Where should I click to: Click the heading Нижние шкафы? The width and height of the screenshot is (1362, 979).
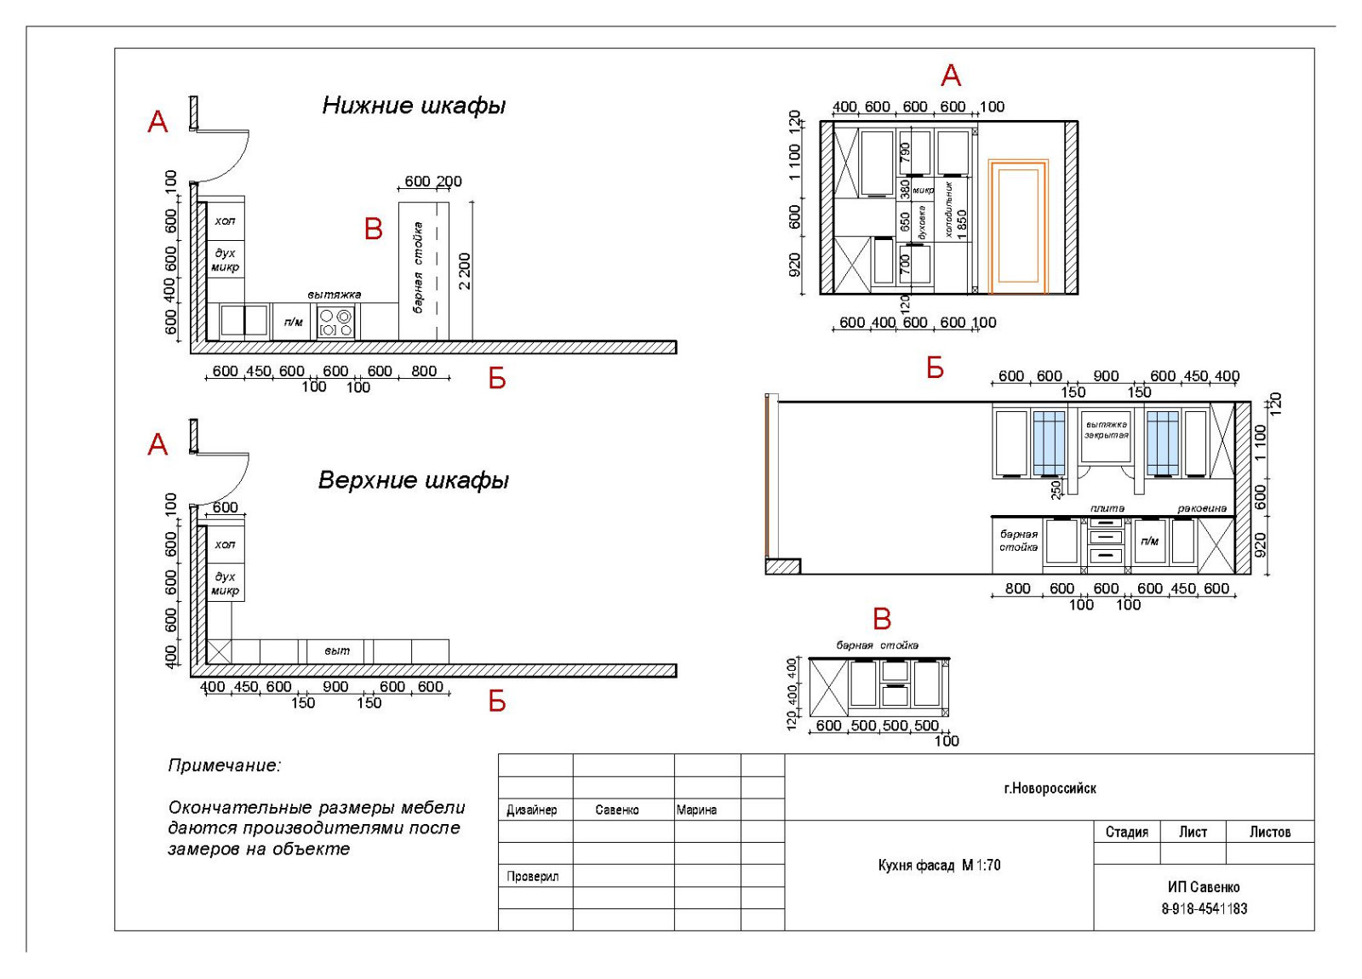(x=414, y=106)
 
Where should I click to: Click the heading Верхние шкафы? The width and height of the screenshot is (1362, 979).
(x=414, y=480)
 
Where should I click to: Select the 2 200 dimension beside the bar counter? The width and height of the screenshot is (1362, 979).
(x=464, y=271)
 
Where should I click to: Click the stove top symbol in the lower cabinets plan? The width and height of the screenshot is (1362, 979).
(x=335, y=323)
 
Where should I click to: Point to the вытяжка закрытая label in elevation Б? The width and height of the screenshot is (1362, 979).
(x=1106, y=430)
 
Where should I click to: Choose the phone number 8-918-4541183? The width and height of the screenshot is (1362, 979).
(x=1204, y=908)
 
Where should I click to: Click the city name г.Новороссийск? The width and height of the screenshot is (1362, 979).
(x=1050, y=788)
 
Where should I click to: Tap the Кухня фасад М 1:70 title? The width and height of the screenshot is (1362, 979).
(x=939, y=865)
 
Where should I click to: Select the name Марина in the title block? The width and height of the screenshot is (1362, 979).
(x=696, y=810)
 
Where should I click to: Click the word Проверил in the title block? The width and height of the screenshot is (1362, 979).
(x=533, y=876)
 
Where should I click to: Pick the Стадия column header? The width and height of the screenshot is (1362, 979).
(x=1126, y=832)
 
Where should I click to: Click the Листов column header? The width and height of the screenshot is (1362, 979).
(x=1269, y=832)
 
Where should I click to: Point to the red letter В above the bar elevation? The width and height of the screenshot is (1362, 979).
(x=882, y=619)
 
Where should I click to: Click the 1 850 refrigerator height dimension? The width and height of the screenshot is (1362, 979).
(x=962, y=225)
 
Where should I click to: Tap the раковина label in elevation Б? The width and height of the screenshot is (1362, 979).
(x=1202, y=508)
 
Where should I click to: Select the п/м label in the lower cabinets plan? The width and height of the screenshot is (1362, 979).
(x=293, y=323)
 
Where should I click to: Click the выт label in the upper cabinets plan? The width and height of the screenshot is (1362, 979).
(x=337, y=650)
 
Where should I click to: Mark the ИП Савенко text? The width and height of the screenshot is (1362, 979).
(x=1204, y=887)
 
